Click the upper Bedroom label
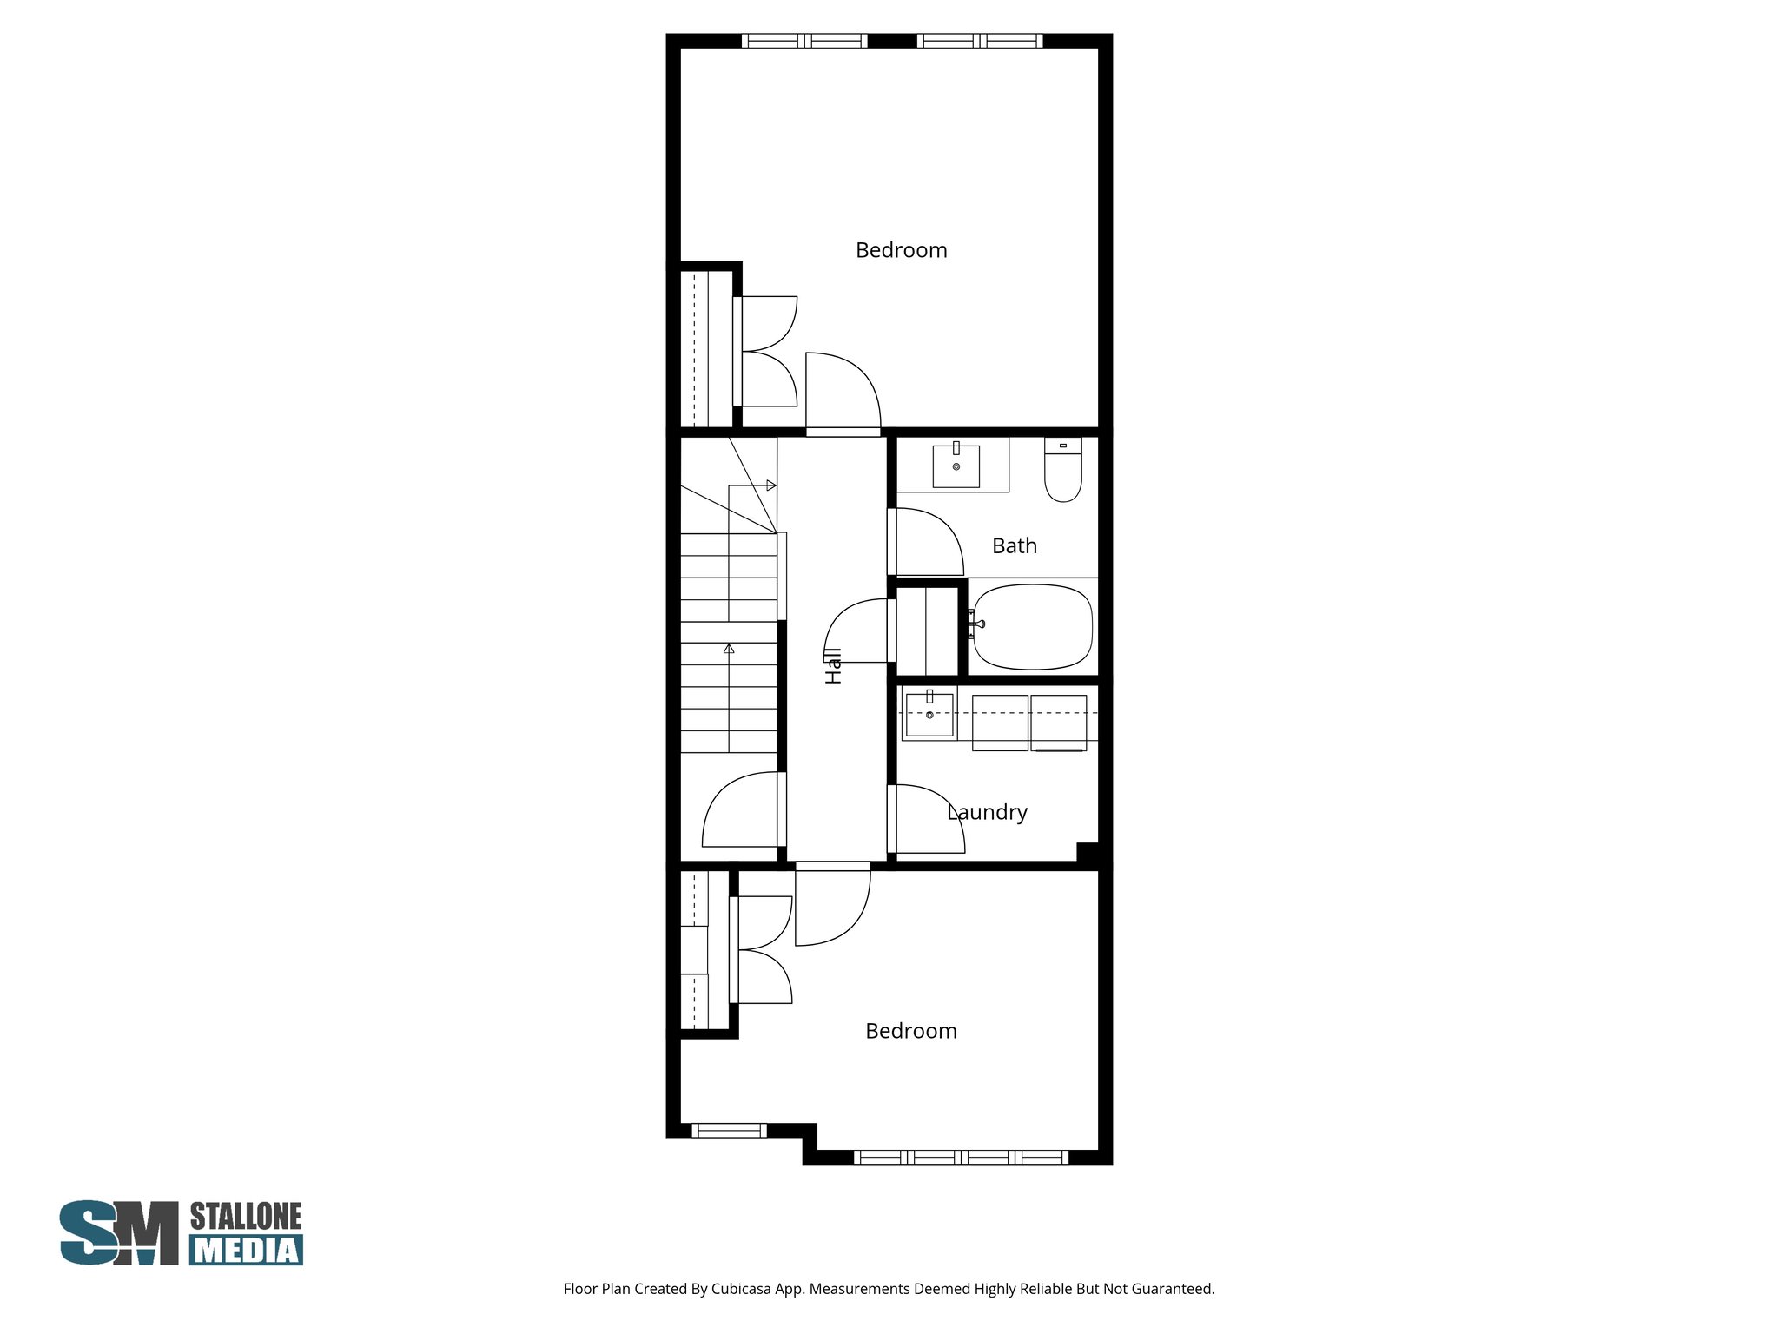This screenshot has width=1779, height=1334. coord(901,250)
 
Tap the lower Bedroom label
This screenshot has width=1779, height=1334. coord(910,1031)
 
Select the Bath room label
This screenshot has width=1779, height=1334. coord(1014,546)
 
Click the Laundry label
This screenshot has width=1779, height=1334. coord(988,812)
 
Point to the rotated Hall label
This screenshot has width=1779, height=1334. coord(833,665)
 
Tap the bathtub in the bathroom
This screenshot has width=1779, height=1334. coord(1032,626)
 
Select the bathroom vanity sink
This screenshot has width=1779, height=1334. coord(956,466)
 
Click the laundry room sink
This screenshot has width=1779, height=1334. coord(929,713)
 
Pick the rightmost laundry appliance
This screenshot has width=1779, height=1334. coord(1058,722)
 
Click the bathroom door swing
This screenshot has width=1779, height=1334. coord(927,542)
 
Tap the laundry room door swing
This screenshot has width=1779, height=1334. coord(928,818)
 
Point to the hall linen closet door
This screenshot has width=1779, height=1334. coord(856,631)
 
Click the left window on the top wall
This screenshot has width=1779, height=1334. coord(804,41)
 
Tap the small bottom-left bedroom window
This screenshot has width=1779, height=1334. coord(729,1130)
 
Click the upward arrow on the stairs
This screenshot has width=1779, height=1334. coord(729,649)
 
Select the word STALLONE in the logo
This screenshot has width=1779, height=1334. coord(246,1216)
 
